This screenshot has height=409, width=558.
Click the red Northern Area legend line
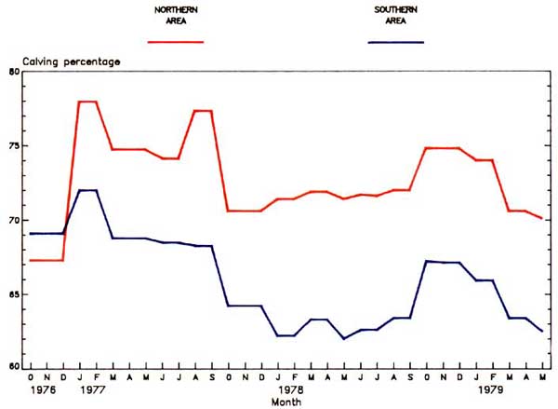pos(176,42)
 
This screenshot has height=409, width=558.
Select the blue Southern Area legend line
pos(396,42)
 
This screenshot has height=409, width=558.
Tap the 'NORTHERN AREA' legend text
pos(176,16)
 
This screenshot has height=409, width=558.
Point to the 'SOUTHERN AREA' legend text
pos(396,16)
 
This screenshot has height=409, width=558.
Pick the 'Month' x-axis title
pos(285,402)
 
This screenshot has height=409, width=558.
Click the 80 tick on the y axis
pos(14,72)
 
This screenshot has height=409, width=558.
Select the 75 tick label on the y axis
pos(14,146)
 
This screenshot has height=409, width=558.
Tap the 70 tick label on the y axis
pos(14,221)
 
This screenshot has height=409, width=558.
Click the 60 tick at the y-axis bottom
pos(14,367)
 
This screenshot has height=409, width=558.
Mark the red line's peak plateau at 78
pos(87,102)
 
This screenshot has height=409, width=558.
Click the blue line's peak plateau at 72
pos(87,190)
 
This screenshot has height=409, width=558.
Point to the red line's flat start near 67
pos(46,260)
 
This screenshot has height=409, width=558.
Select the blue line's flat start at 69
pos(46,233)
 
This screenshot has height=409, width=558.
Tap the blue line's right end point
pos(543,331)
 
